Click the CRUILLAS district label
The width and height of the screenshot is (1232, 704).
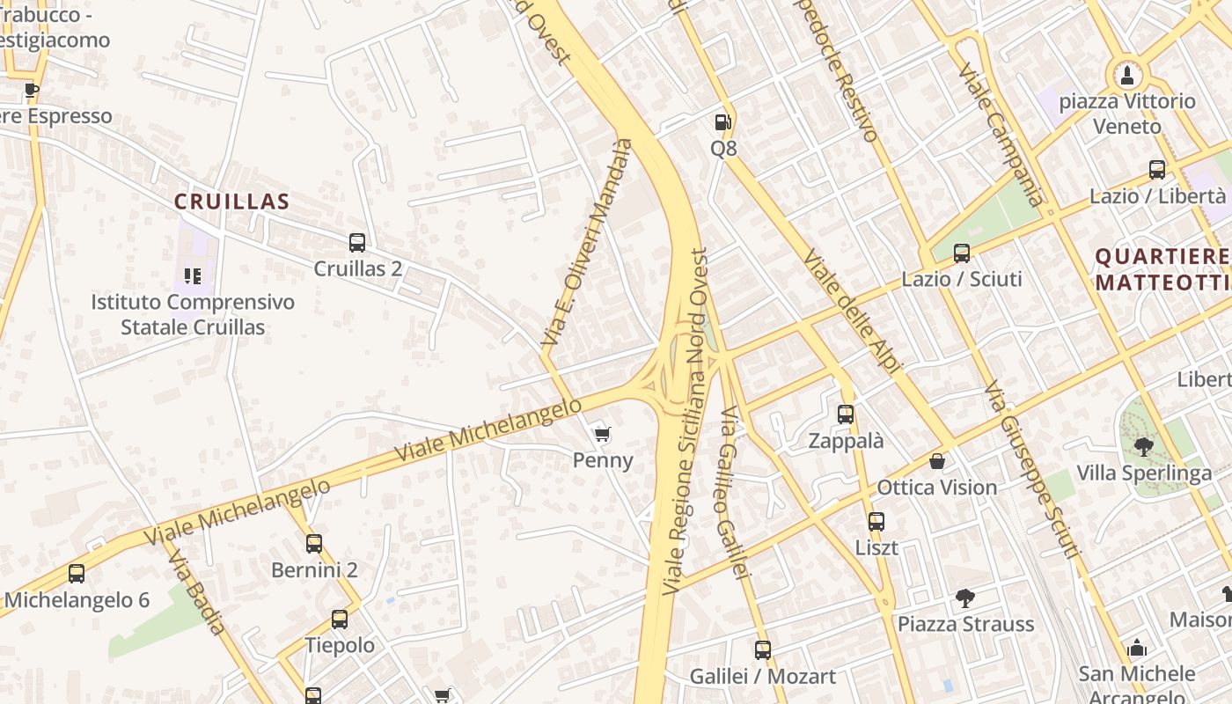coord(231,202)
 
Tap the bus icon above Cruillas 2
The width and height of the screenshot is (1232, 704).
coord(356,242)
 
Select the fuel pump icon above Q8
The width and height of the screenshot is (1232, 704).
coord(723,122)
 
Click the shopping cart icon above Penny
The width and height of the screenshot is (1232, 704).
coord(603,434)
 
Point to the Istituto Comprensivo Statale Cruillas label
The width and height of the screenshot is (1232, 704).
coord(193,314)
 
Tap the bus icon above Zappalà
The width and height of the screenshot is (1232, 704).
coord(846,414)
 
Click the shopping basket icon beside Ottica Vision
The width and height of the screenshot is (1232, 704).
coord(937,461)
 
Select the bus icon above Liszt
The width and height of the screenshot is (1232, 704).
coord(876,521)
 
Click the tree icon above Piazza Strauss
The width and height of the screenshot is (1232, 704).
coord(965,598)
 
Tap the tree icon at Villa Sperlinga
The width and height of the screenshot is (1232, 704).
coord(1143,447)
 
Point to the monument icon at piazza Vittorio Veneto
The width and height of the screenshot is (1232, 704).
coord(1127,75)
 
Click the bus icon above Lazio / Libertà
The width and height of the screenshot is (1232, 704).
coord(1157,170)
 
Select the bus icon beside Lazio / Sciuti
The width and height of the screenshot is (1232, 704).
coord(962,253)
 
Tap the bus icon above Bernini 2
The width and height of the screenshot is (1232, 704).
coord(314,544)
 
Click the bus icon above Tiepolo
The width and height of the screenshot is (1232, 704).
coord(340,620)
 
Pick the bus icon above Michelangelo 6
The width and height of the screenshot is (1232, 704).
coord(77,574)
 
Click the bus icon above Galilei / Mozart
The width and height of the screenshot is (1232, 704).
coord(763,650)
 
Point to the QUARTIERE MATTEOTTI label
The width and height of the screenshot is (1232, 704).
coord(1162,269)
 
